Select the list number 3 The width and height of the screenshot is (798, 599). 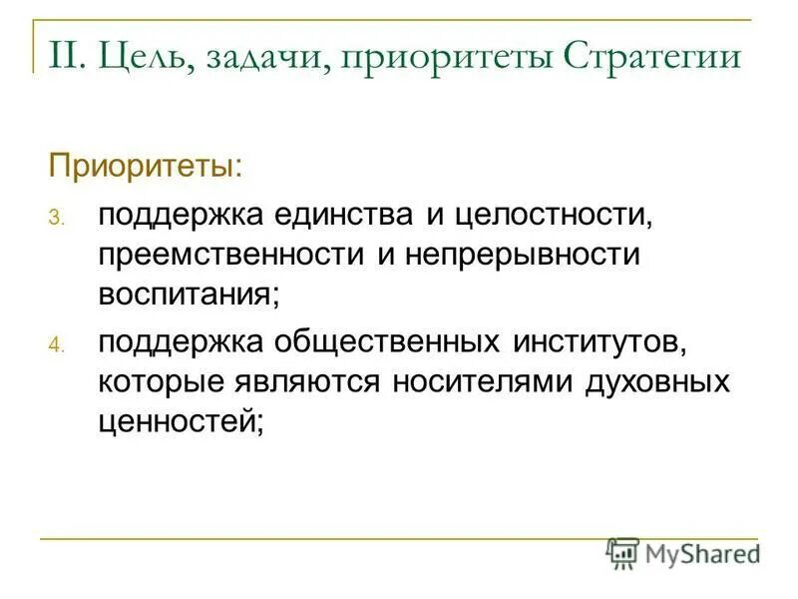click(x=57, y=219)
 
